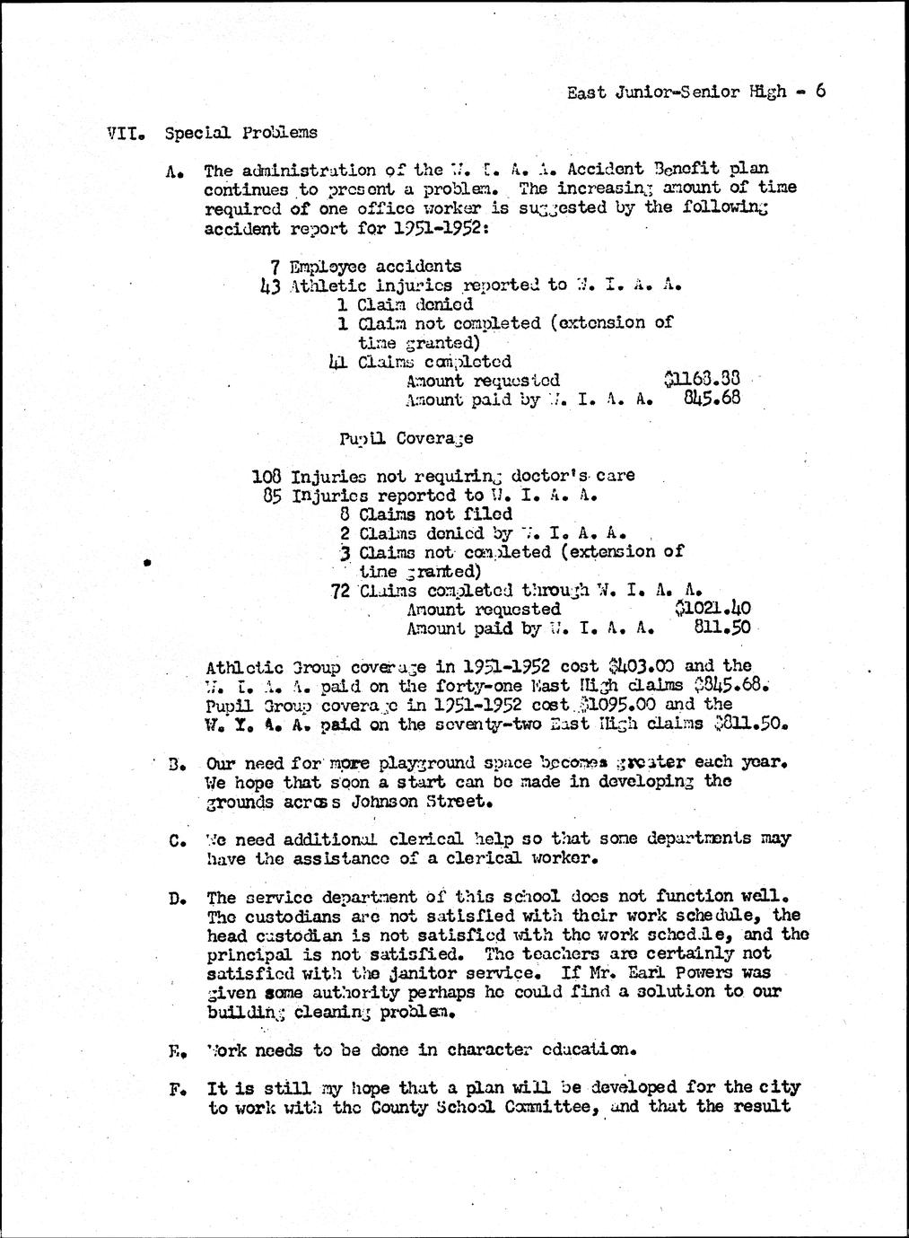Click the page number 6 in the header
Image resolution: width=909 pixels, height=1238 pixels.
click(819, 91)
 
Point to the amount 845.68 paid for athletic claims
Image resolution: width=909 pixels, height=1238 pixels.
click(712, 399)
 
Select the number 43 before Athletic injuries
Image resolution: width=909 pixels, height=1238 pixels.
click(267, 286)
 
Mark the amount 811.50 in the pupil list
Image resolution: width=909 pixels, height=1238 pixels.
click(722, 628)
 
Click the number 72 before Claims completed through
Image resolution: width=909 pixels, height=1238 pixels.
click(341, 591)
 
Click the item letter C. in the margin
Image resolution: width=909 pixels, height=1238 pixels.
click(176, 841)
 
